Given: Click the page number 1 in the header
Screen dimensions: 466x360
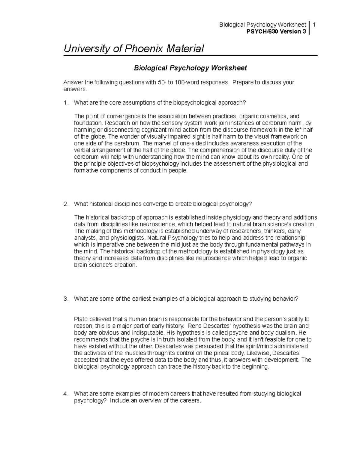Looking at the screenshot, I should point(313,25).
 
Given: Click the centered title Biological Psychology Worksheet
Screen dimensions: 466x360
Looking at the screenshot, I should point(190,68).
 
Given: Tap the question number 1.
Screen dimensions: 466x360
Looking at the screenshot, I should point(65,103).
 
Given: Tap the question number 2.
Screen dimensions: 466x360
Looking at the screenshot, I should point(65,204).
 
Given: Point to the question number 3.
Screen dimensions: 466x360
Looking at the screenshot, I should point(65,299).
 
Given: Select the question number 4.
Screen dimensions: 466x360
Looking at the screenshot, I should point(65,394).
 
